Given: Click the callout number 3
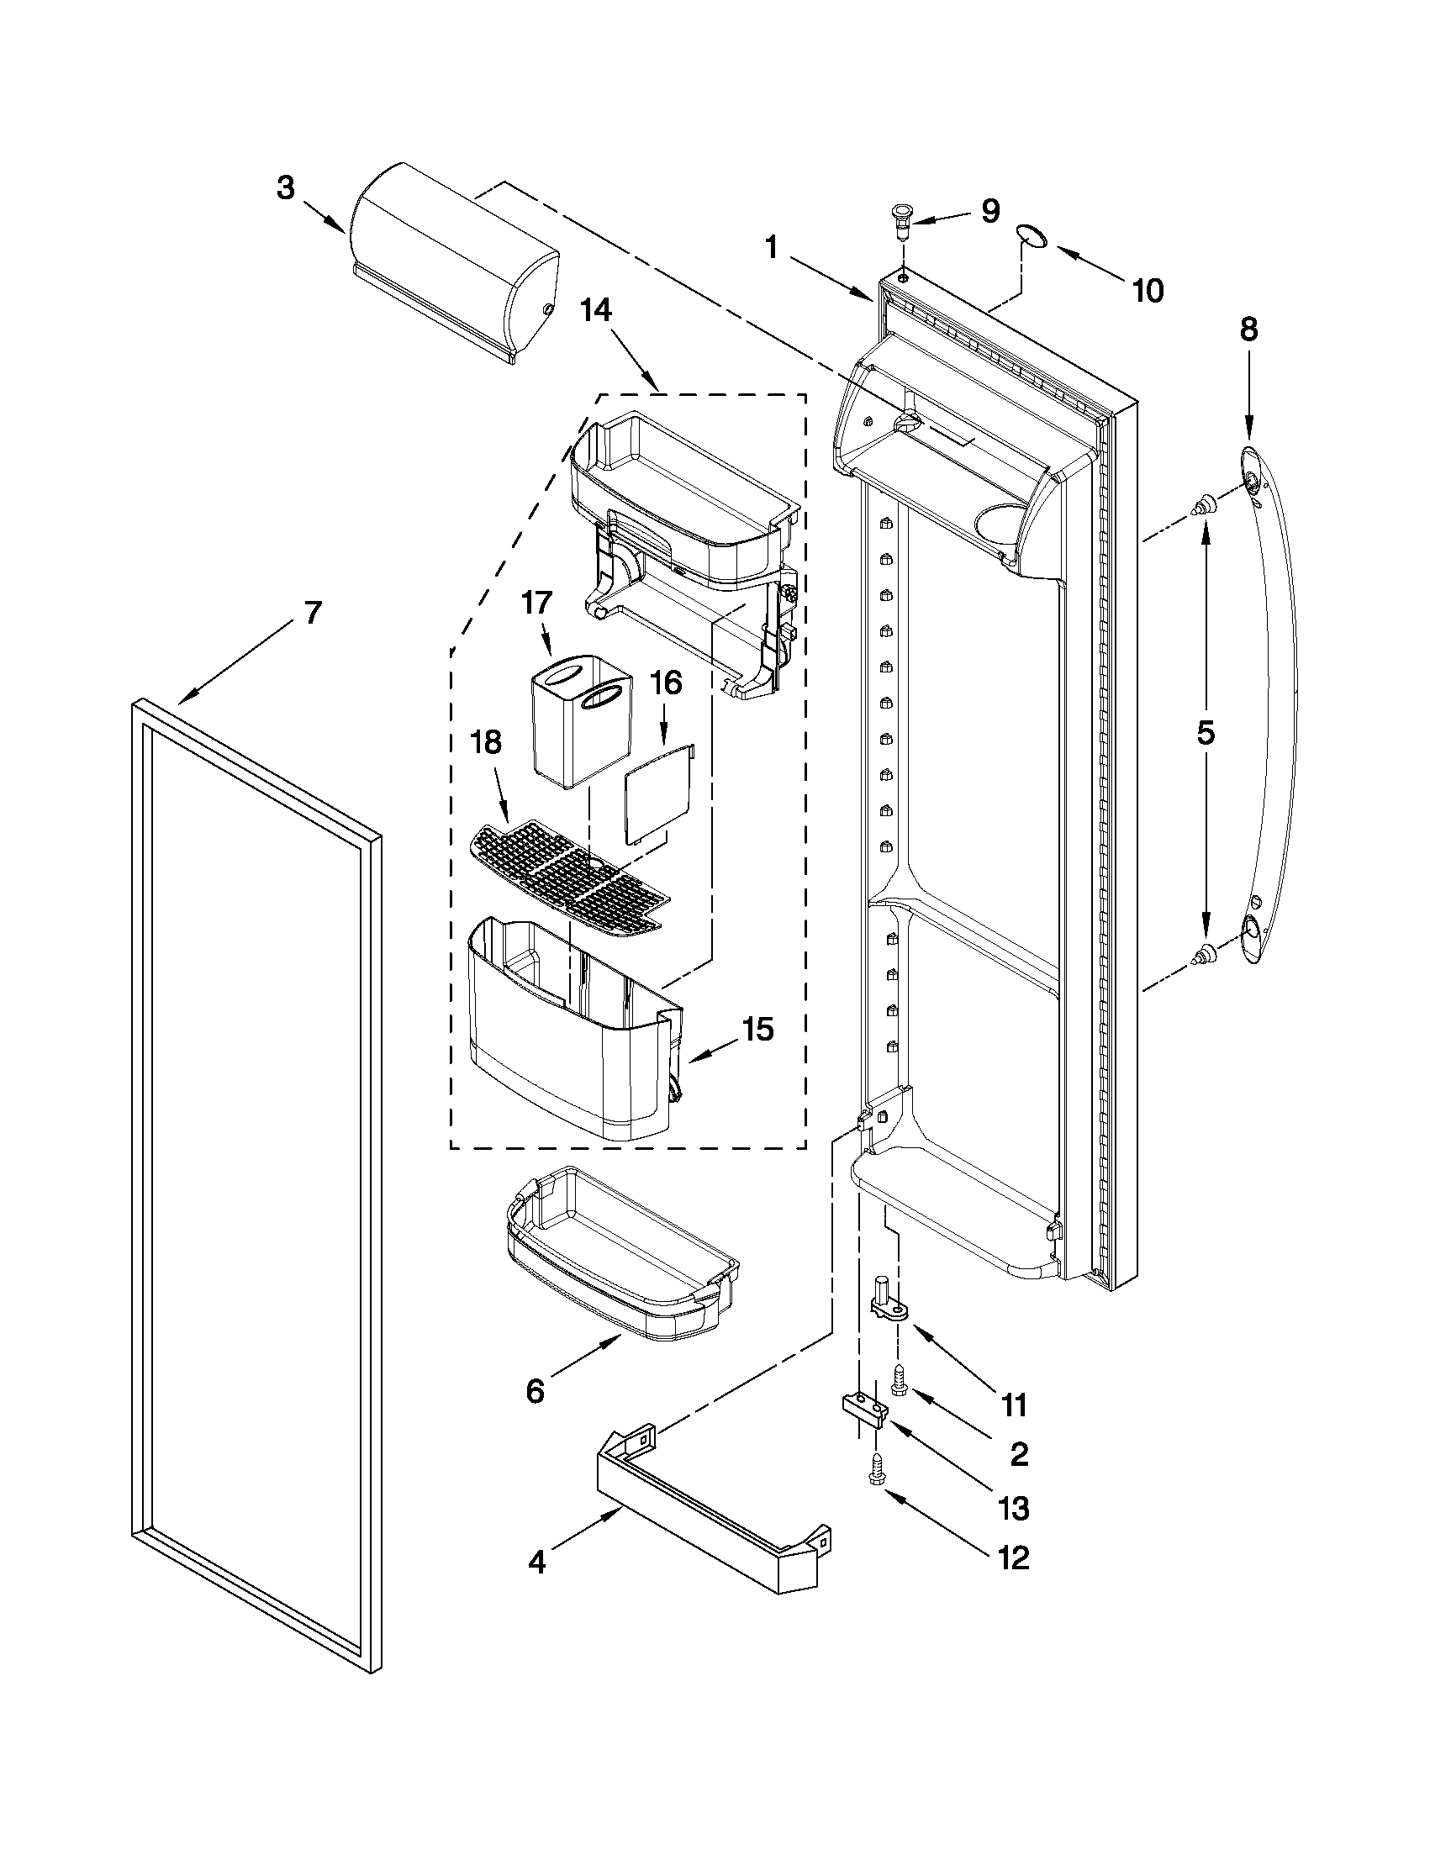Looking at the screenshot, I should (x=286, y=187).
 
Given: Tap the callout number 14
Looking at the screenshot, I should (x=594, y=311).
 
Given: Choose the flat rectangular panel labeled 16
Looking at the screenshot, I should (x=658, y=793).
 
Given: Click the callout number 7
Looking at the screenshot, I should (x=313, y=613).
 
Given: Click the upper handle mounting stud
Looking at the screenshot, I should (x=1200, y=509).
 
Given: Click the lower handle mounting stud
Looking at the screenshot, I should (x=1200, y=957).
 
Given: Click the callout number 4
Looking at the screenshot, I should (x=536, y=1561).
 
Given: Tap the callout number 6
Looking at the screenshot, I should (x=535, y=1391).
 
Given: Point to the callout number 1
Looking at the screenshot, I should (x=771, y=248).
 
